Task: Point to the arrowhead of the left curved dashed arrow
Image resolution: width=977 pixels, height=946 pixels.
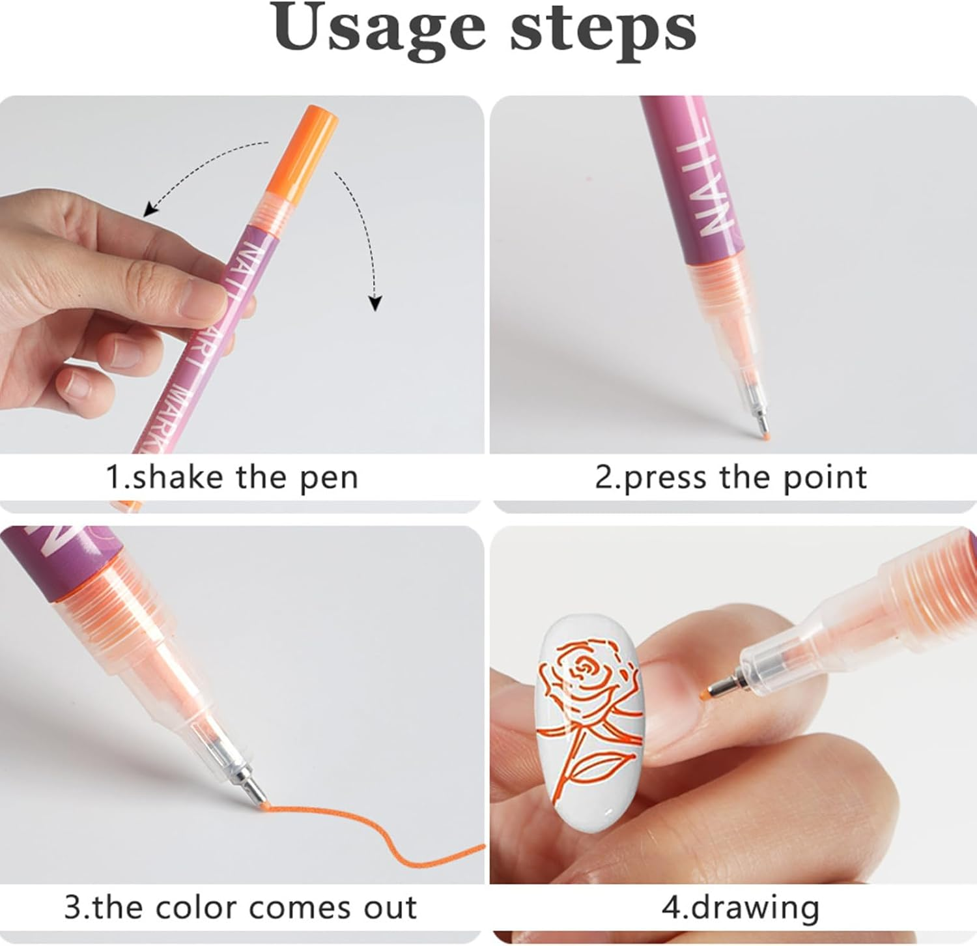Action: tap(150, 209)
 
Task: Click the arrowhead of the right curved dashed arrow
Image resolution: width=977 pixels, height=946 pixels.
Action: tap(375, 303)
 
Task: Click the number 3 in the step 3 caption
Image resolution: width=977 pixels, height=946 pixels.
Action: tap(72, 907)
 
